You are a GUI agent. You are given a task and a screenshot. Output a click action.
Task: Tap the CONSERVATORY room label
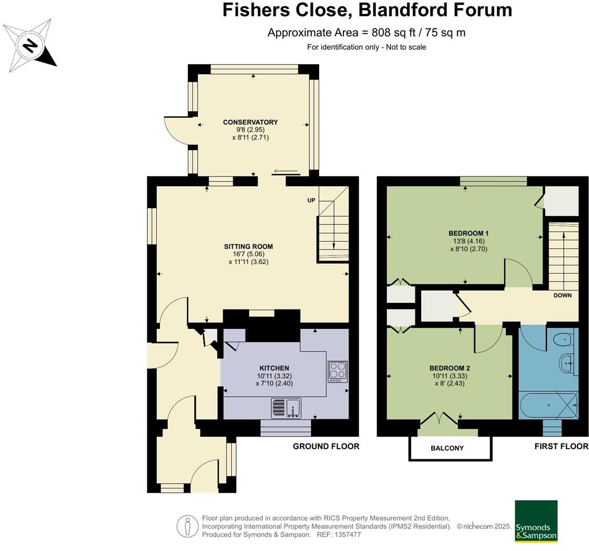tap(250, 122)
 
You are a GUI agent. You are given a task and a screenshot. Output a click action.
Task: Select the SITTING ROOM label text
tap(248, 246)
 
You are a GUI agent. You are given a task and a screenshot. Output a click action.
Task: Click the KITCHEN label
tap(274, 368)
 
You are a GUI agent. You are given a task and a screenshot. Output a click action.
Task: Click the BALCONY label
tap(447, 448)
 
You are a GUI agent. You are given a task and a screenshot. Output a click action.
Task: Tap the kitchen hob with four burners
tap(337, 371)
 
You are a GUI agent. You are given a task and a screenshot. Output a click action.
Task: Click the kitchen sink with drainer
tap(286, 407)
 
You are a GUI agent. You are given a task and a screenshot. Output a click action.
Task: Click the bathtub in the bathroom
tap(547, 406)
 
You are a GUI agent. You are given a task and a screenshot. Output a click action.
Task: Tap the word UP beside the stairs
tap(311, 201)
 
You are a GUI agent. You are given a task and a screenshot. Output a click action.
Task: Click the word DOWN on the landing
tap(562, 295)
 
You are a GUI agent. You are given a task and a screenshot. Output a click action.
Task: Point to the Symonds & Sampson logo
tap(536, 521)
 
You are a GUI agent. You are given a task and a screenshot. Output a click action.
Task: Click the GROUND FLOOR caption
tap(326, 446)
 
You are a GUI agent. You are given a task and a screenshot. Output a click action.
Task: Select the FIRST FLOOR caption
tap(561, 446)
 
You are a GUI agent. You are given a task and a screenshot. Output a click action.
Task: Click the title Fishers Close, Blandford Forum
tap(367, 10)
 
